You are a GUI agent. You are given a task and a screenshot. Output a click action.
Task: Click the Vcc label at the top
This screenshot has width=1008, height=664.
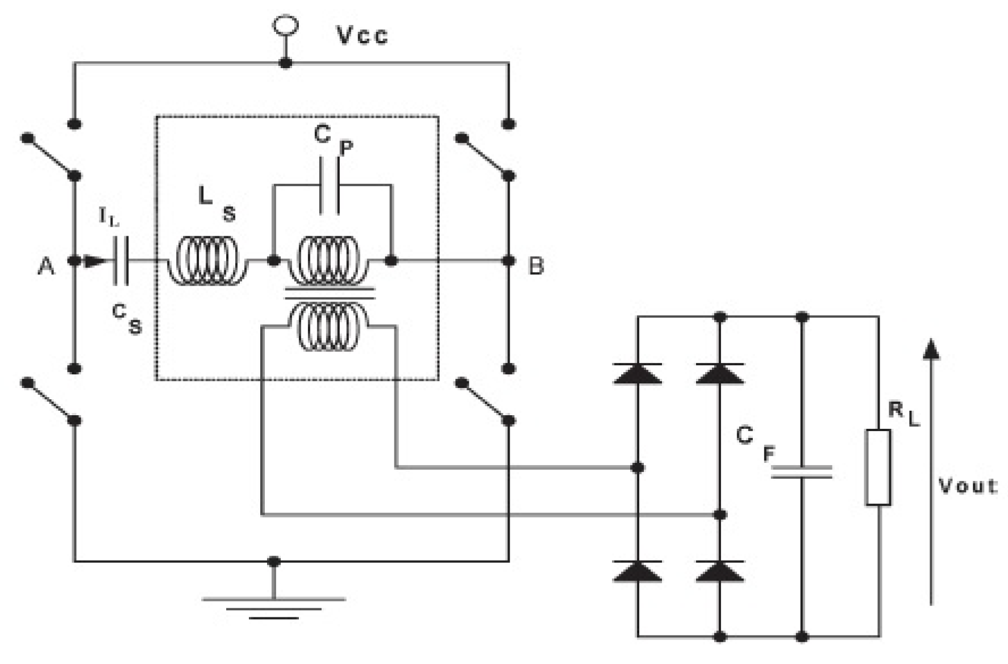click(x=363, y=35)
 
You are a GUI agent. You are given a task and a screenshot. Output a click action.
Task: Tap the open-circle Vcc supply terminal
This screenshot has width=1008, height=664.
click(x=285, y=25)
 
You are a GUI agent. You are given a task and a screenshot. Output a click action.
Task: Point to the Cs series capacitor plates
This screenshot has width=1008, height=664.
click(x=121, y=261)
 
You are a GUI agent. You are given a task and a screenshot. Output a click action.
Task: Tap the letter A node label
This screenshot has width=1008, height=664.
click(x=46, y=266)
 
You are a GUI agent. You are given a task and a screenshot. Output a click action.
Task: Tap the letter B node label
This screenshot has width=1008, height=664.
click(x=536, y=266)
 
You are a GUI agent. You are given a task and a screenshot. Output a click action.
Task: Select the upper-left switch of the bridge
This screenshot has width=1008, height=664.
click(x=49, y=156)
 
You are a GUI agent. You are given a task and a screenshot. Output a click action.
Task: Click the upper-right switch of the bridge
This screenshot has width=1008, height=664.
click(x=485, y=156)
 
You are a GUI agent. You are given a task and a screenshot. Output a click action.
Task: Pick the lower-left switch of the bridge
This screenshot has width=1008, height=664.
click(x=49, y=400)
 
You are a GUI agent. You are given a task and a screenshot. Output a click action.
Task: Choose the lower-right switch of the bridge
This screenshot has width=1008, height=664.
click(x=485, y=400)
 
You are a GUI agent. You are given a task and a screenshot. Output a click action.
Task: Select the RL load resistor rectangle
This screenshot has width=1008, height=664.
click(x=878, y=467)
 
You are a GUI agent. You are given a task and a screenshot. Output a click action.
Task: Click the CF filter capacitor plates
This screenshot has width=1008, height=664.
click(x=802, y=471)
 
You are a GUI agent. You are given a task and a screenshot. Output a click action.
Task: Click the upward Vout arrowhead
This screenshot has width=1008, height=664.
click(x=931, y=349)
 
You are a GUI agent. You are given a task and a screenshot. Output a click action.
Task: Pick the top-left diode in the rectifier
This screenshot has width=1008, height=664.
click(x=638, y=374)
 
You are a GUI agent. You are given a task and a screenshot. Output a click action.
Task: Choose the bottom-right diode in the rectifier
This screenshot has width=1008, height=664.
click(x=720, y=571)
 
